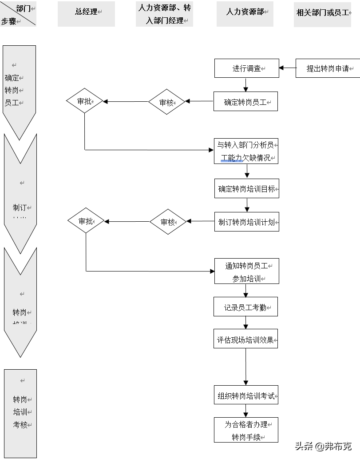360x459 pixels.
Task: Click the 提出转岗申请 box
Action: [x=328, y=68]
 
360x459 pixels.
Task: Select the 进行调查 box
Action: [x=247, y=68]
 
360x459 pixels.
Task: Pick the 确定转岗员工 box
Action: [x=245, y=102]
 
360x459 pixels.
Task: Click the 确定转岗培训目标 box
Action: [x=247, y=189]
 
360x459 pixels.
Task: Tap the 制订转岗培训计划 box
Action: [x=247, y=222]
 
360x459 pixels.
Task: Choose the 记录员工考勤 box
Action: [x=245, y=307]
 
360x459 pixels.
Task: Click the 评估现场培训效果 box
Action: [x=245, y=341]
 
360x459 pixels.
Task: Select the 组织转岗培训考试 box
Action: [x=245, y=396]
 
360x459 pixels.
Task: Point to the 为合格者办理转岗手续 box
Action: [x=245, y=430]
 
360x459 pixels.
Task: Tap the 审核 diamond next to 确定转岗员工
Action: [x=166, y=102]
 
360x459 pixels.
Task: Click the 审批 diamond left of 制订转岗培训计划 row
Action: [x=86, y=221]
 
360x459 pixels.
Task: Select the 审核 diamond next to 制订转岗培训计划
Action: [x=168, y=222]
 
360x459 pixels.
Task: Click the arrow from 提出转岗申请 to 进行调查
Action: [x=288, y=68]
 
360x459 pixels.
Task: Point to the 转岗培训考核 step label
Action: [x=20, y=412]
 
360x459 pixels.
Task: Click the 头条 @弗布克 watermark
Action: [x=323, y=446]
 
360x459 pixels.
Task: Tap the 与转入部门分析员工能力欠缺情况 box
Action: [x=246, y=151]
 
